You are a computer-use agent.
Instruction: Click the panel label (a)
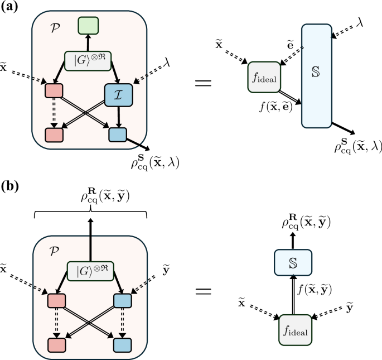[12, 7]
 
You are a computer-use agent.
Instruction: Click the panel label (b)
[12, 185]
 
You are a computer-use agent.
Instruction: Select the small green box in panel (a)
[88, 26]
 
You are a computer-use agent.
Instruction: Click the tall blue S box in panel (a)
[317, 75]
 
